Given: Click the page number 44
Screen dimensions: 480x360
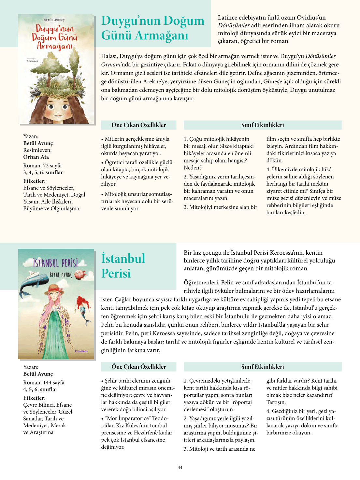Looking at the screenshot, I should coord(180,467).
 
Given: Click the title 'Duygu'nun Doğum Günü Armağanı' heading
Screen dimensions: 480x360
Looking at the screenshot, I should coord(152,28).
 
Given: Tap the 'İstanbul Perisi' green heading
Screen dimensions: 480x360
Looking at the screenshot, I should coord(123,266).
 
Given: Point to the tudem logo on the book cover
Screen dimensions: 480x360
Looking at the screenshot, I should coord(81,351).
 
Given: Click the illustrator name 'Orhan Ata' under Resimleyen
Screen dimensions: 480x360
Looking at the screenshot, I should coord(36,157).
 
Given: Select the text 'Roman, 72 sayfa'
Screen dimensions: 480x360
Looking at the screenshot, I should coord(42,165).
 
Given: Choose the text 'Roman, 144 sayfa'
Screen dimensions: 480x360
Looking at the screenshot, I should coord(44,382).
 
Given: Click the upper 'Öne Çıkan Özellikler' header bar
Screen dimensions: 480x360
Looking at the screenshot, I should coord(138,125).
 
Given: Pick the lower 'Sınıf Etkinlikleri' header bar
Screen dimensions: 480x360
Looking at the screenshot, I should coord(262,367).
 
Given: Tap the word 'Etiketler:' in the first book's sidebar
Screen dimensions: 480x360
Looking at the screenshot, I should coord(34,181).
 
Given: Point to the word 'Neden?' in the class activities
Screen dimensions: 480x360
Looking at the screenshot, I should coord(193,168).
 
